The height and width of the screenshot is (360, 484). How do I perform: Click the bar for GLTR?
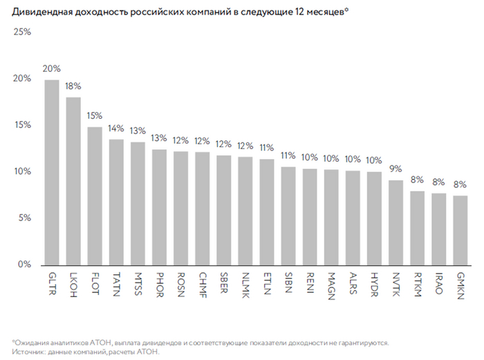[x=52, y=173]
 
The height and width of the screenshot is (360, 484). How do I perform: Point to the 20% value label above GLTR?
[x=52, y=69]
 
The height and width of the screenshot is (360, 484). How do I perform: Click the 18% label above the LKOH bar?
[x=73, y=86]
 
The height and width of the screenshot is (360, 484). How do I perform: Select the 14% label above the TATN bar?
[x=116, y=129]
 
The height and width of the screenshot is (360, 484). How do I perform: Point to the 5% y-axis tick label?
[x=24, y=218]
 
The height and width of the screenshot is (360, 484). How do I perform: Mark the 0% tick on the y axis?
[x=24, y=265]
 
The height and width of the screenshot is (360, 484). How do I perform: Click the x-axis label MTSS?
[x=139, y=281]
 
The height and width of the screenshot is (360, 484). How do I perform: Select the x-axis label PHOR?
[x=160, y=282]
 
